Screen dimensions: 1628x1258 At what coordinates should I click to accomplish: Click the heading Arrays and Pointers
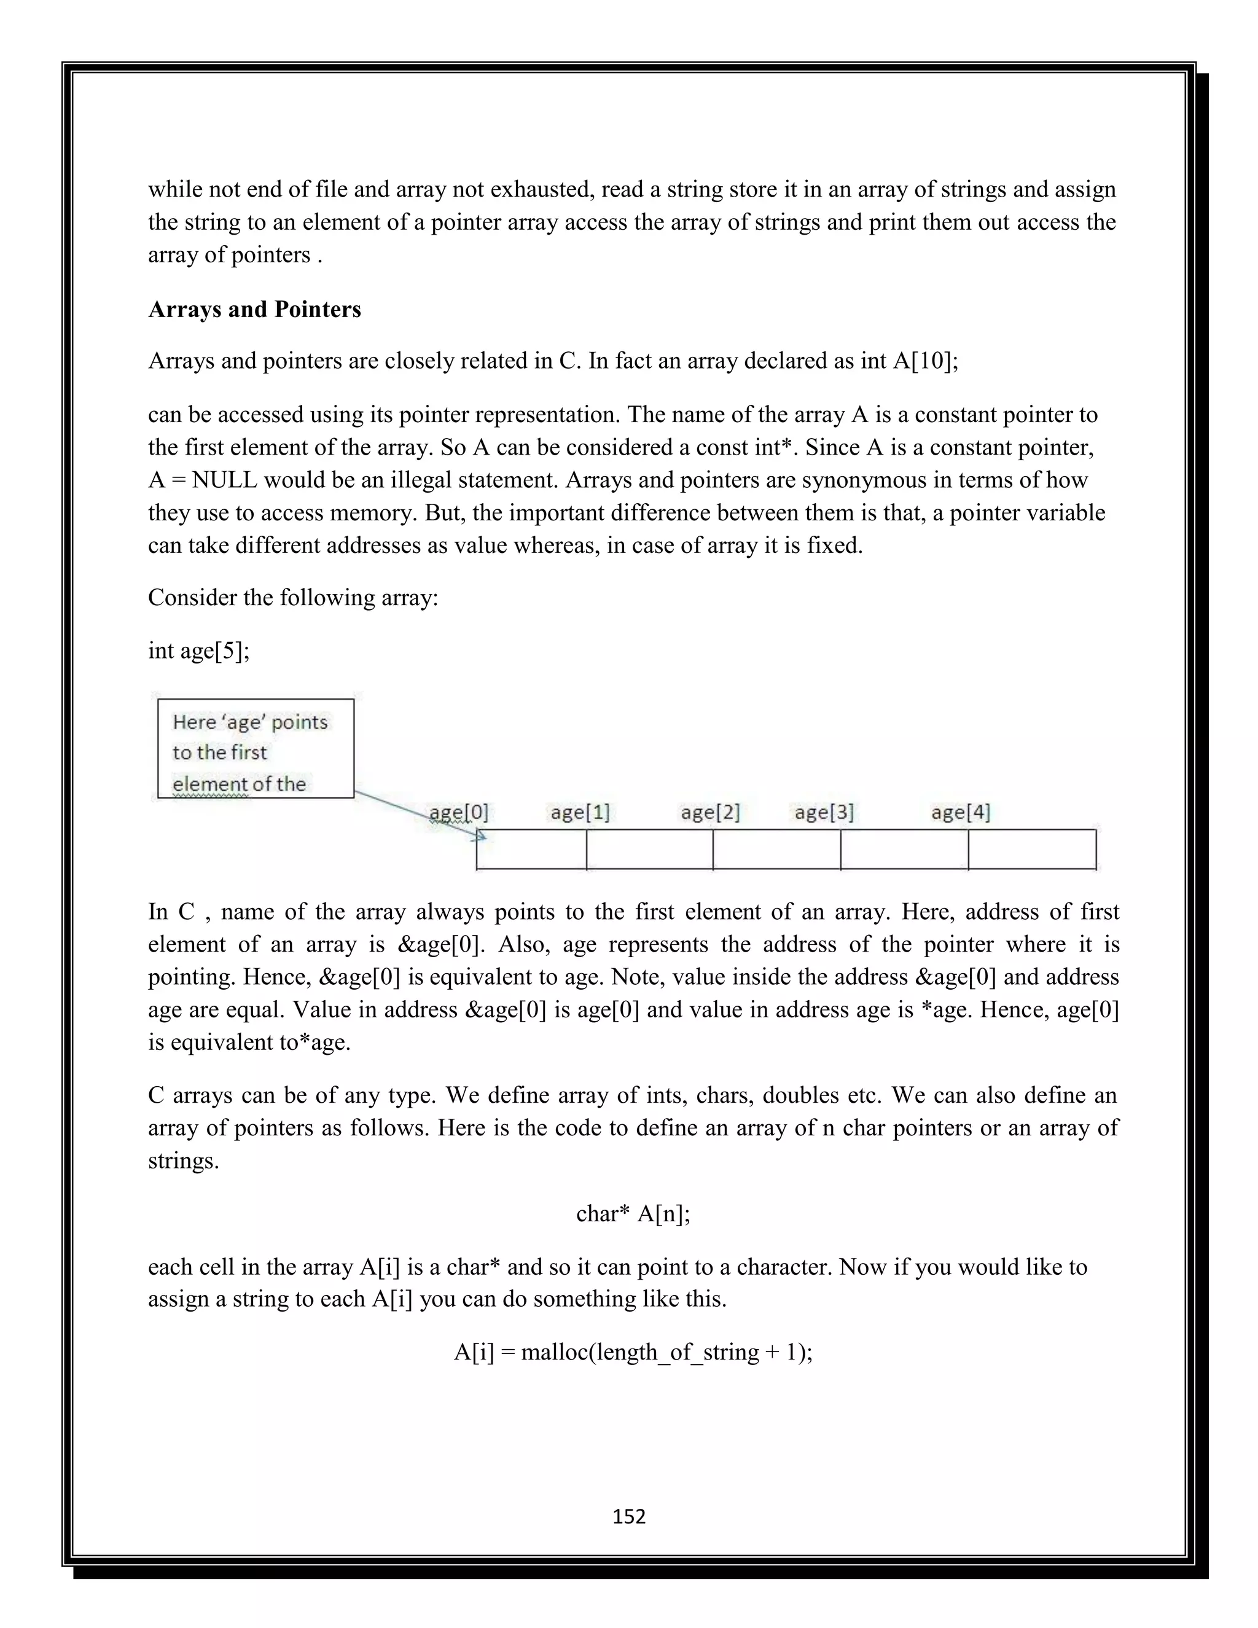tap(254, 310)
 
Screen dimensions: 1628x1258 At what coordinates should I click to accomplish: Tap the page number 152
tap(628, 1516)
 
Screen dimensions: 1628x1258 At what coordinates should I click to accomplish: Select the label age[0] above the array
tap(458, 813)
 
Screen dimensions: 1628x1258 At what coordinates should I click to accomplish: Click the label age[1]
tap(580, 813)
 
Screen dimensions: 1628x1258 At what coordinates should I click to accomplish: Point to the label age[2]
tap(709, 813)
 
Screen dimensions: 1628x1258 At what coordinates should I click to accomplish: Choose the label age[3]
tap(824, 813)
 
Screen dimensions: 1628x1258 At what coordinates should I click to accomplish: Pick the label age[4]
tap(960, 813)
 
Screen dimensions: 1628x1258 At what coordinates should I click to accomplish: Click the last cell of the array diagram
tap(1031, 850)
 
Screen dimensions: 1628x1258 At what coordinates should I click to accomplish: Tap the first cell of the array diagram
tap(531, 850)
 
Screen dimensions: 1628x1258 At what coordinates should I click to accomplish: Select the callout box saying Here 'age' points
tap(255, 748)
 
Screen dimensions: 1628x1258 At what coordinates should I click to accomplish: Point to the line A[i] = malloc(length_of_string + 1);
tap(633, 1352)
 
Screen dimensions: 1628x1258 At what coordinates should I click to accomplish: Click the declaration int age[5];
tap(199, 651)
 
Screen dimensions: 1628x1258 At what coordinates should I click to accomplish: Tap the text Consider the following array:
tap(293, 598)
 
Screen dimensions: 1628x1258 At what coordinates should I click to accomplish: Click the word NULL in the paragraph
tap(224, 480)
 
